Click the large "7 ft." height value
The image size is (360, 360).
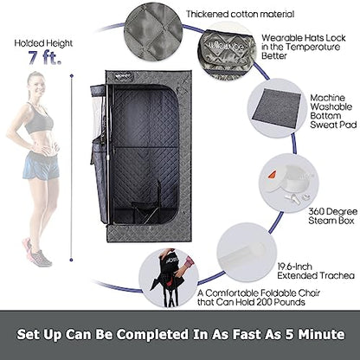point(45,58)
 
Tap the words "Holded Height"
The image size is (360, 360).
point(43,43)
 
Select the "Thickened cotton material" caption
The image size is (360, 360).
point(240,14)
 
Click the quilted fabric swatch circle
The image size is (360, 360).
point(153,31)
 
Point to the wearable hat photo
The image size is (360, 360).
point(227,51)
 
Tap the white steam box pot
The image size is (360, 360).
point(288,180)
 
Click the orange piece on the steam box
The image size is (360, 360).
point(272,175)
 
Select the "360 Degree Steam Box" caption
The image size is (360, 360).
point(332,216)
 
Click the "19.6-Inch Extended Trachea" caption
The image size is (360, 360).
point(316,271)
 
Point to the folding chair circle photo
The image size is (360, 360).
point(169,278)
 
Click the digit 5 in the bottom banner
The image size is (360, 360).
point(290,335)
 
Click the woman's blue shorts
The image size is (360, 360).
point(41,165)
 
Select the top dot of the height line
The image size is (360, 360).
point(72,76)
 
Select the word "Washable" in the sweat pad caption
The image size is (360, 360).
point(331,106)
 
